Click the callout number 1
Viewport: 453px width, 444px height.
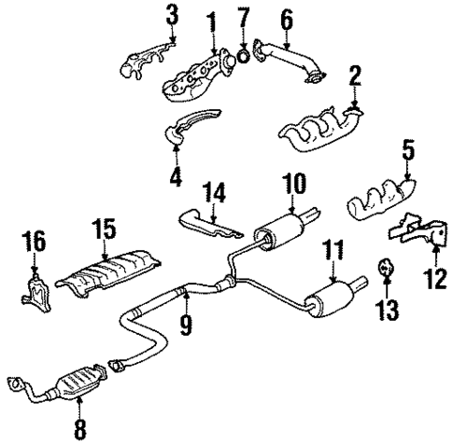[211, 20]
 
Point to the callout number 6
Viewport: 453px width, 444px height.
[286, 19]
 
